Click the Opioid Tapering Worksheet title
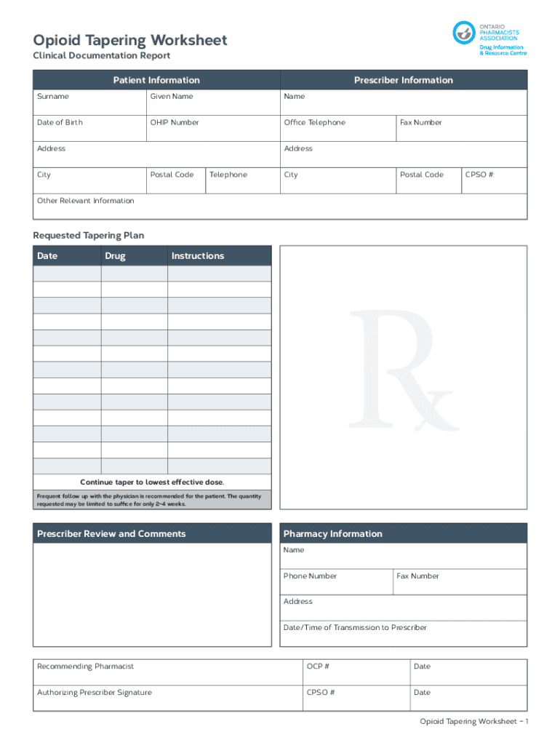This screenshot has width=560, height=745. pyautogui.click(x=130, y=40)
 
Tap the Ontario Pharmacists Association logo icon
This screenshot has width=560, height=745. pyautogui.click(x=463, y=33)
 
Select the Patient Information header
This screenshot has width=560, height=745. pyautogui.click(x=156, y=80)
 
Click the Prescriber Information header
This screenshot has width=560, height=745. pyautogui.click(x=403, y=80)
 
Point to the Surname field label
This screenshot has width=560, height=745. pyautogui.click(x=53, y=97)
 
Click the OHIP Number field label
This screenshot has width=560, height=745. pyautogui.click(x=175, y=123)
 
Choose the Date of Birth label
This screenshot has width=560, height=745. pyautogui.click(x=60, y=123)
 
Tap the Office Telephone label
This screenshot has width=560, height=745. pyautogui.click(x=314, y=123)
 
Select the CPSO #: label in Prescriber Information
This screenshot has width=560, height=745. pyautogui.click(x=481, y=175)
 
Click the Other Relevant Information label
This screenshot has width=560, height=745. pyautogui.click(x=86, y=201)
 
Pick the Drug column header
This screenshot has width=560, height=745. pyautogui.click(x=115, y=256)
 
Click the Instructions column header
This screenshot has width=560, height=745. pyautogui.click(x=198, y=256)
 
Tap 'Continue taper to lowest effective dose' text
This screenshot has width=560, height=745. pyautogui.click(x=152, y=482)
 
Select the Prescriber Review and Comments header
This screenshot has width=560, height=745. pyautogui.click(x=111, y=534)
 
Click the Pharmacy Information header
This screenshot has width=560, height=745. pyautogui.click(x=332, y=534)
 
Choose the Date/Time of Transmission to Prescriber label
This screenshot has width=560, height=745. pyautogui.click(x=355, y=628)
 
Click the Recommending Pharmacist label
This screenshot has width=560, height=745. pyautogui.click(x=86, y=666)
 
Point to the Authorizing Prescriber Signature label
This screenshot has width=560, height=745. pyautogui.click(x=95, y=693)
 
